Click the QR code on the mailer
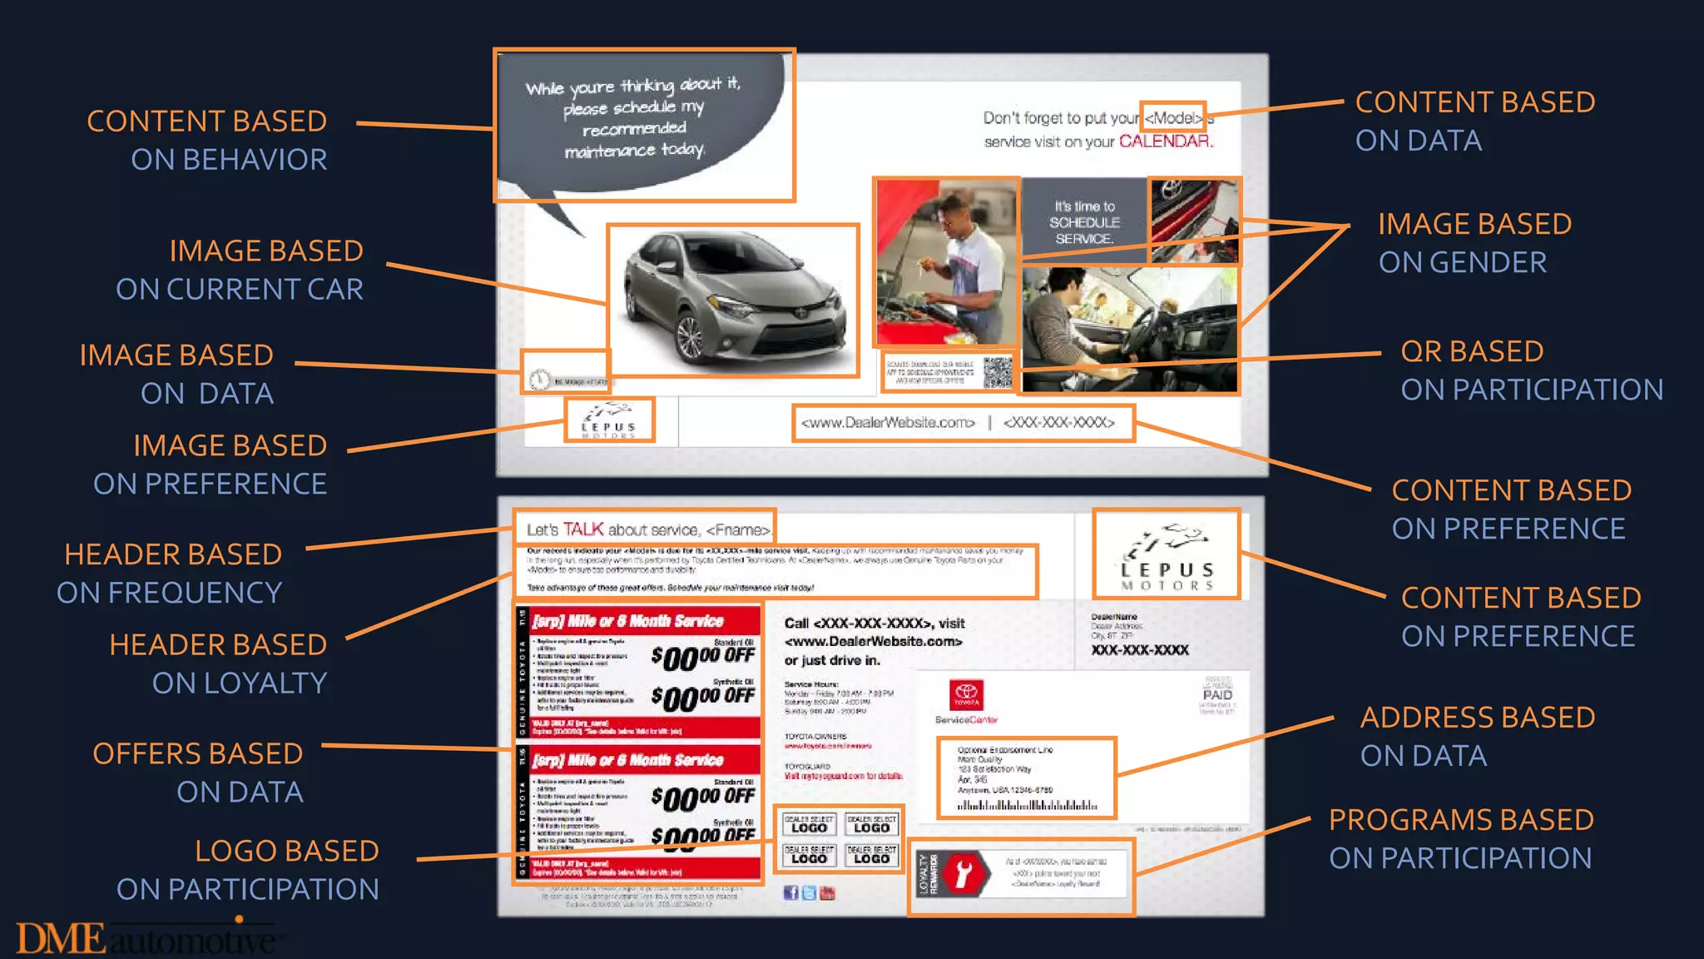click(x=997, y=372)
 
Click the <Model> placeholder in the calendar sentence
click(x=1173, y=118)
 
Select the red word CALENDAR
click(x=1165, y=142)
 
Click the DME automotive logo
click(x=146, y=938)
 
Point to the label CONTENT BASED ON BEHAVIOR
click(x=208, y=140)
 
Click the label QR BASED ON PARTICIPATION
click(x=1531, y=370)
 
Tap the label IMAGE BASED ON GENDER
click(x=1474, y=243)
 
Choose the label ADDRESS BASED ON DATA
click(x=1477, y=737)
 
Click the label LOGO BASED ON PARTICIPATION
click(x=248, y=870)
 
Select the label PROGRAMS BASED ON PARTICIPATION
click(x=1460, y=839)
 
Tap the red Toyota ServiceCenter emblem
click(x=966, y=694)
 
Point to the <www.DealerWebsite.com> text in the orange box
click(x=888, y=423)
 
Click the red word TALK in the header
click(x=582, y=529)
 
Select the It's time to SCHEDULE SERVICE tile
click(x=1084, y=222)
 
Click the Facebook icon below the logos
click(x=790, y=893)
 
